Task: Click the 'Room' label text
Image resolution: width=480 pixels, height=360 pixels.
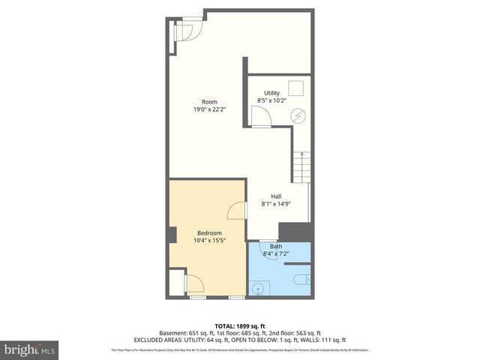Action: tap(209, 101)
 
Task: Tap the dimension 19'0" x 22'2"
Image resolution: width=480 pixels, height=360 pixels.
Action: tap(209, 109)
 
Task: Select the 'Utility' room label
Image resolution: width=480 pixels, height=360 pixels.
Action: tap(271, 93)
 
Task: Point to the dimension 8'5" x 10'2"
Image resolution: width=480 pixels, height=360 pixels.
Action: tap(271, 100)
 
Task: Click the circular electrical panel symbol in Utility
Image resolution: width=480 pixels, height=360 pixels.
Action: tap(298, 116)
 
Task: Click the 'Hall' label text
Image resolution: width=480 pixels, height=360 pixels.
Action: tap(277, 196)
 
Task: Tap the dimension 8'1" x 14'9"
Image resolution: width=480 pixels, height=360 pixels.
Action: tap(277, 204)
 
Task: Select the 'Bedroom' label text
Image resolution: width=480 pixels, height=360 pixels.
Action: tap(209, 232)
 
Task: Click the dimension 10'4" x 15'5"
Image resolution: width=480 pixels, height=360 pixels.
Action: tap(209, 240)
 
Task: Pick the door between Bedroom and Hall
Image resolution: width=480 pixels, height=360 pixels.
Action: tap(236, 209)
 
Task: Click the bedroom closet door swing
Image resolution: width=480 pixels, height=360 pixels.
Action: tap(192, 283)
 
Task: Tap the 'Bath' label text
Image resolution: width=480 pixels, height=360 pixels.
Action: tap(276, 247)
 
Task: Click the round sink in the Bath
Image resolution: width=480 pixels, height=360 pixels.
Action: tap(260, 286)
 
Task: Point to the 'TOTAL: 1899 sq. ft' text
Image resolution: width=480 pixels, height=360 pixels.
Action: tap(239, 325)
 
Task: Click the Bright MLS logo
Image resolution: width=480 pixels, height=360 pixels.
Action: tap(31, 349)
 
